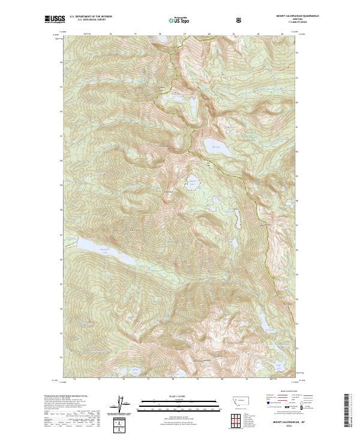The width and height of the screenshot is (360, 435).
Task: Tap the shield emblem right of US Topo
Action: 191,19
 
